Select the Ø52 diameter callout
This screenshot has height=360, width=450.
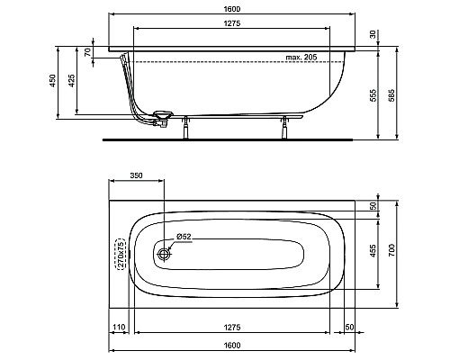[x=183, y=238]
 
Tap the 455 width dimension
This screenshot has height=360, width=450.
[x=373, y=253]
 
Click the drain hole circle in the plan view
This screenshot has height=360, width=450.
[x=164, y=255]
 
